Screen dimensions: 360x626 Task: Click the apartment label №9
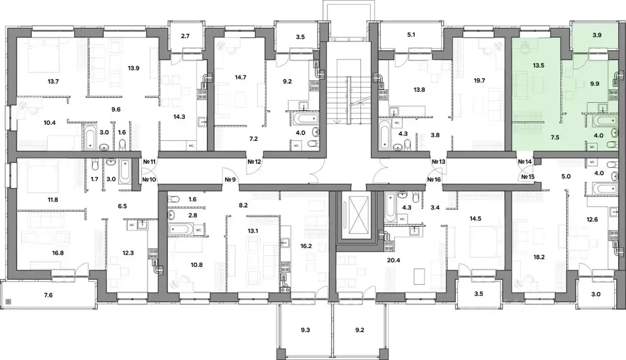tap(231, 179)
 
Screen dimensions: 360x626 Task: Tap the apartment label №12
tap(255, 162)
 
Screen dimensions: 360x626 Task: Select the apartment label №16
tap(434, 179)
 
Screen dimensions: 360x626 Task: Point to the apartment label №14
tap(525, 162)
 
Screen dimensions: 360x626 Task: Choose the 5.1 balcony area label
tap(411, 35)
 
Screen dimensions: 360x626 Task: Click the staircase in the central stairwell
tap(348, 98)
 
